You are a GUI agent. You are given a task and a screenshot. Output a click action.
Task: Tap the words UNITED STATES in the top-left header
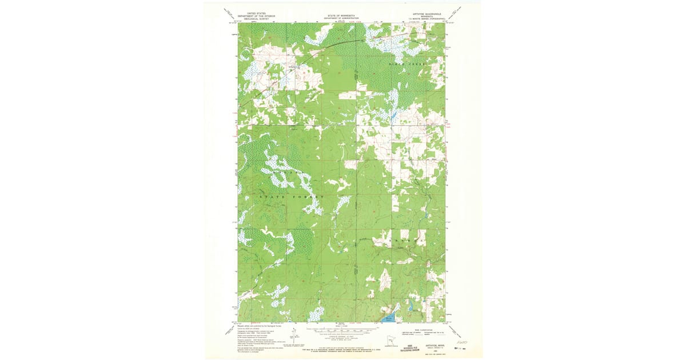pos(256,12)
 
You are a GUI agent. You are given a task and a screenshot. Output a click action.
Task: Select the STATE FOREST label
pos(292,197)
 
